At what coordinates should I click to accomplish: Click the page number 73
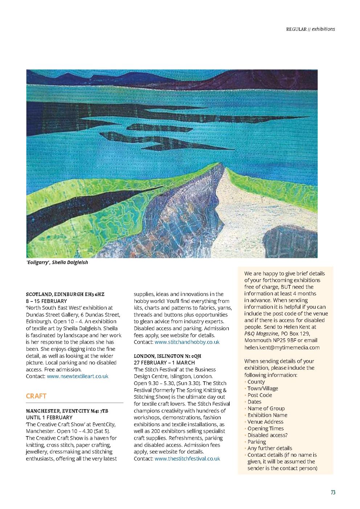pos(333,492)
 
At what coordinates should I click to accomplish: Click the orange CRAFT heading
pos(36,396)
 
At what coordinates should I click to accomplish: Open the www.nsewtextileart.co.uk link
pos(78,376)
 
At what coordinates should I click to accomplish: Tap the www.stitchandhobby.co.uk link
pos(187,342)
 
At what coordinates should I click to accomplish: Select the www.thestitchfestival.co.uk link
pos(187,459)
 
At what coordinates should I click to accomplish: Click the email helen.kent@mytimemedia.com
pos(282,347)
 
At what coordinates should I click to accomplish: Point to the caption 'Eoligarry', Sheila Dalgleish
pos(57,262)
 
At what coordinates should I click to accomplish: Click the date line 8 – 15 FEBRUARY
pos(46,301)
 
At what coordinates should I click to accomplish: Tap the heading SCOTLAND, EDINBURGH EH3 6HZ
pos(65,294)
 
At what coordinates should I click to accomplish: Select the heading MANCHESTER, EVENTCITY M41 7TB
pos(67,411)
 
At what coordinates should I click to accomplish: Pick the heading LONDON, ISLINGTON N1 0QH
pos(167,356)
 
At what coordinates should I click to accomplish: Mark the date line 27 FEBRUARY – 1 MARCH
pos(164,362)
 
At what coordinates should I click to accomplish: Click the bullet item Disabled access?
pos(267,435)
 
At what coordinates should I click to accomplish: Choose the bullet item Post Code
pos(259,395)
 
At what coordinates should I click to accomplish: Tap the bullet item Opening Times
pos(266,428)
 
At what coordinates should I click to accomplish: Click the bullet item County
pos(256,382)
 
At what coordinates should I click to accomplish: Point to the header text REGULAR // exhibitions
pos(310,29)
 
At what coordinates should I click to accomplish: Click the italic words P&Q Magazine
pos(261,334)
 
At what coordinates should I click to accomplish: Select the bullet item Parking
pos(257,442)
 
